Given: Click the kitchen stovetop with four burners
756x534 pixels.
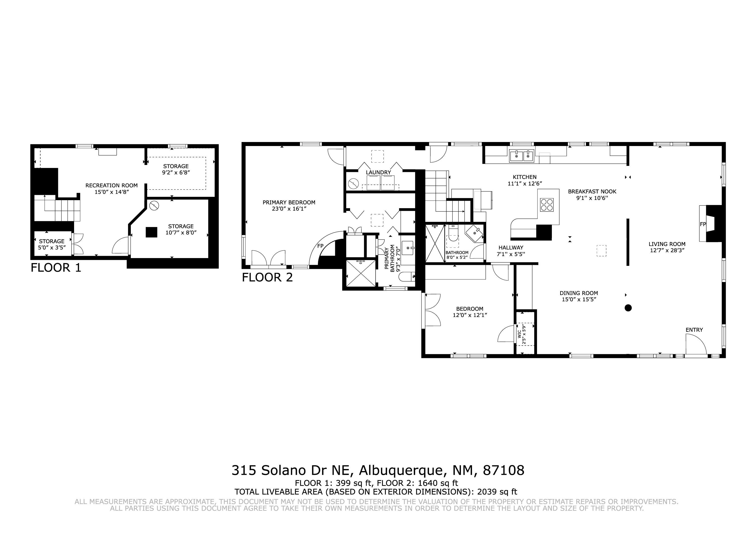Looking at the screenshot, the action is click(x=547, y=204).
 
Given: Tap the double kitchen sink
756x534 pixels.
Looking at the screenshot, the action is click(x=522, y=156).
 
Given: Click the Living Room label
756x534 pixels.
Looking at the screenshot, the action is click(x=667, y=244).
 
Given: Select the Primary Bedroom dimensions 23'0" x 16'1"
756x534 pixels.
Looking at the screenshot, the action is click(x=289, y=209).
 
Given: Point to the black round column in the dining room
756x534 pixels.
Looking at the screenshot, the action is click(x=628, y=308).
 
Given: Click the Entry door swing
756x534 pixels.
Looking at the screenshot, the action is click(x=696, y=344).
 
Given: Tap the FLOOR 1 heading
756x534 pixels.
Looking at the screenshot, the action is click(x=56, y=267).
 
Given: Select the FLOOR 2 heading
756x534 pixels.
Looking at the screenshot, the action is click(x=267, y=277).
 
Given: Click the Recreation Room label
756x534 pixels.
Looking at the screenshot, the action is click(x=111, y=185).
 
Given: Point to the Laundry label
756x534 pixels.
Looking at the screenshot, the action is click(x=378, y=172).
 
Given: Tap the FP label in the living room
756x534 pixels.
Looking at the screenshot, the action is click(x=703, y=224).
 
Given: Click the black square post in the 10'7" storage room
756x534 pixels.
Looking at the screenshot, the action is click(x=151, y=232).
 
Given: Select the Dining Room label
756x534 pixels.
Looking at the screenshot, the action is click(x=579, y=293).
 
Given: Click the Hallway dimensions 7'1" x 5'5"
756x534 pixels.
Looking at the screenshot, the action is click(x=511, y=254).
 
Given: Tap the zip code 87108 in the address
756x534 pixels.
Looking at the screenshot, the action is click(x=503, y=470).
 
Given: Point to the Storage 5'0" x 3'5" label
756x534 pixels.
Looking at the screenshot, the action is click(x=52, y=244).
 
